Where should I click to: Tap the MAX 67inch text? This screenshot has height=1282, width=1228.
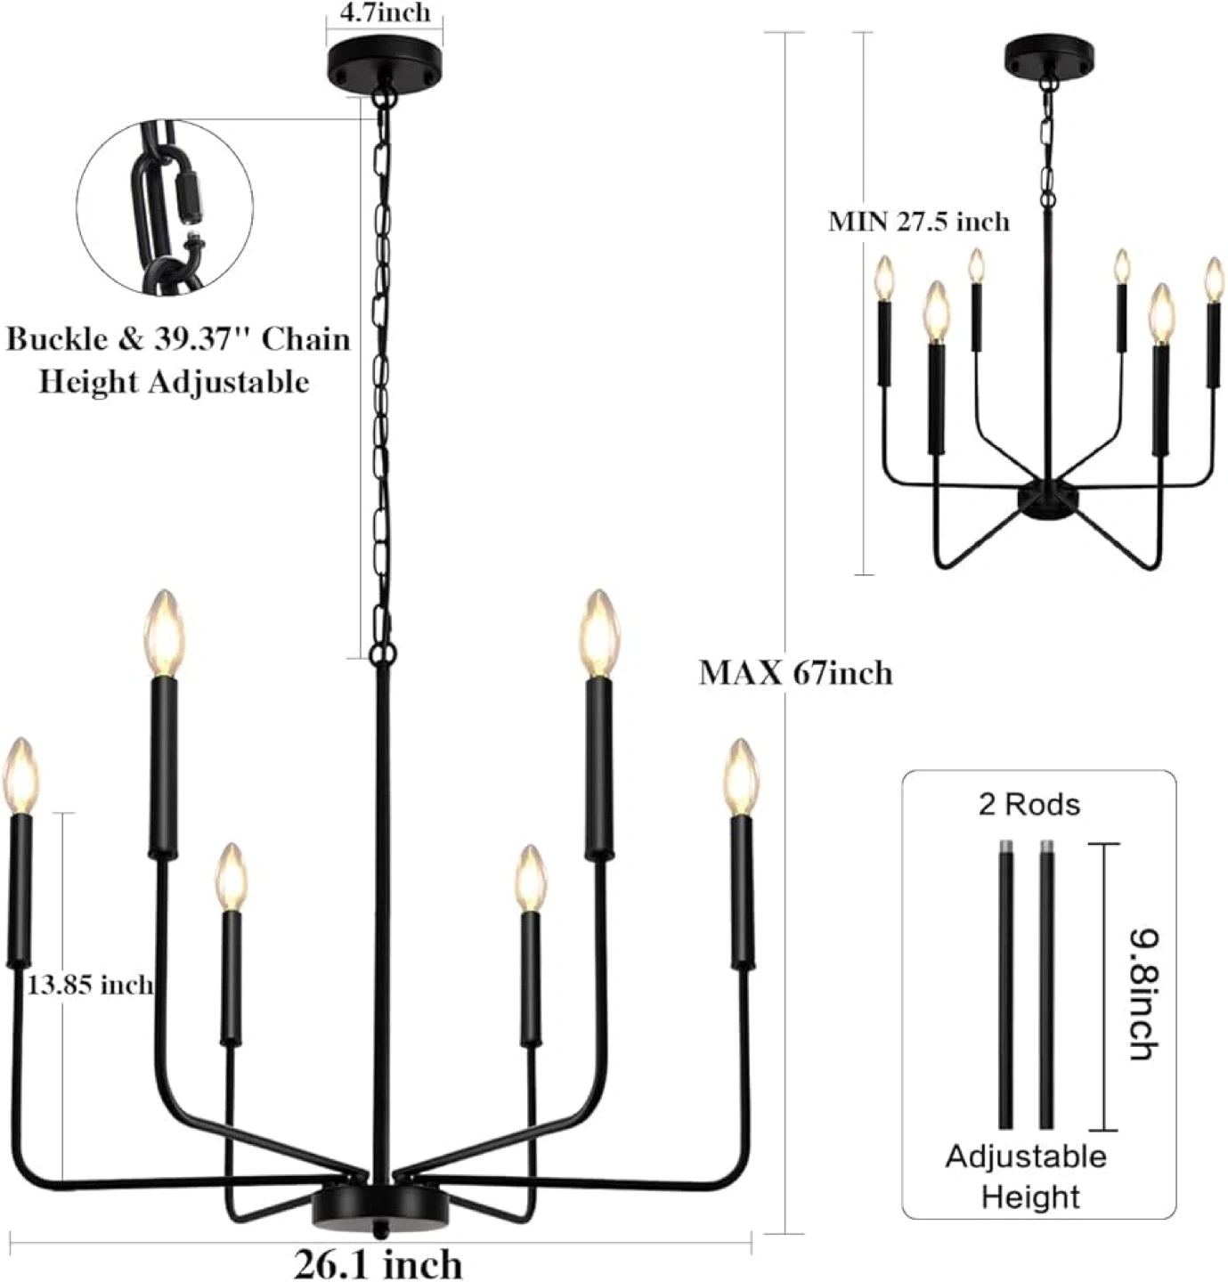point(795,672)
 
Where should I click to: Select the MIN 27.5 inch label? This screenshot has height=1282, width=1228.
point(919,221)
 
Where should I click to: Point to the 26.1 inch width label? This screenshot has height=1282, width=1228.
point(378,1263)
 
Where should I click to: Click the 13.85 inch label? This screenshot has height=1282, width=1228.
point(89,985)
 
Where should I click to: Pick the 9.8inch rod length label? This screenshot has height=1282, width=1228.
point(1143,994)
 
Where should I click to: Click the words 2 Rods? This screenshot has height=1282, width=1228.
point(1029,804)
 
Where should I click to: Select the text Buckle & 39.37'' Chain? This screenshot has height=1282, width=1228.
point(178,339)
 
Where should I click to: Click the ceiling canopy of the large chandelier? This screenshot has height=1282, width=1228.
point(384,61)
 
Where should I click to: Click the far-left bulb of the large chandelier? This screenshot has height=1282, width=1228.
point(22,775)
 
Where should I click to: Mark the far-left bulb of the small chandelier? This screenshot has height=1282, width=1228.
point(885,277)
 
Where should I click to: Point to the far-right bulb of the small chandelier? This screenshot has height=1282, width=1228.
point(1214,278)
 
